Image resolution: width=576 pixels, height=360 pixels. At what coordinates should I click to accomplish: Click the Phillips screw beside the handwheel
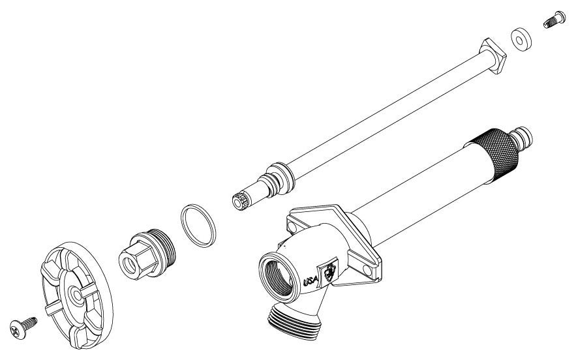tap(23, 326)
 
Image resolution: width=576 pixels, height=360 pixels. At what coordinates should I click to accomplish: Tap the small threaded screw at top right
tap(554, 20)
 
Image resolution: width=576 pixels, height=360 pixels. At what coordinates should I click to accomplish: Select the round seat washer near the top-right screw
tap(521, 38)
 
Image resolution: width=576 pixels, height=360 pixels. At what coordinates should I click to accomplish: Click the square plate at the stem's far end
tap(493, 56)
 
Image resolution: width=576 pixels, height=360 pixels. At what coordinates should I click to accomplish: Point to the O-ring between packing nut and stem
tap(198, 226)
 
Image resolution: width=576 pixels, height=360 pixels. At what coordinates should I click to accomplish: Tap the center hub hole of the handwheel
tap(77, 295)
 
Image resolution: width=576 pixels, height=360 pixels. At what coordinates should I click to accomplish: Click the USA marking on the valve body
tap(311, 282)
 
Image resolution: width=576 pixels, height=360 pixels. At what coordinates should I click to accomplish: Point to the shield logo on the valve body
tap(329, 272)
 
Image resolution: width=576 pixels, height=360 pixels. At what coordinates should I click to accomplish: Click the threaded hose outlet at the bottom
tap(295, 322)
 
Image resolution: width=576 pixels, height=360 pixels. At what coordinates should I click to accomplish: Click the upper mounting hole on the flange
tap(292, 228)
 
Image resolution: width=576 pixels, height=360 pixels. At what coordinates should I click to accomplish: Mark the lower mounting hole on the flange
tap(367, 270)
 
